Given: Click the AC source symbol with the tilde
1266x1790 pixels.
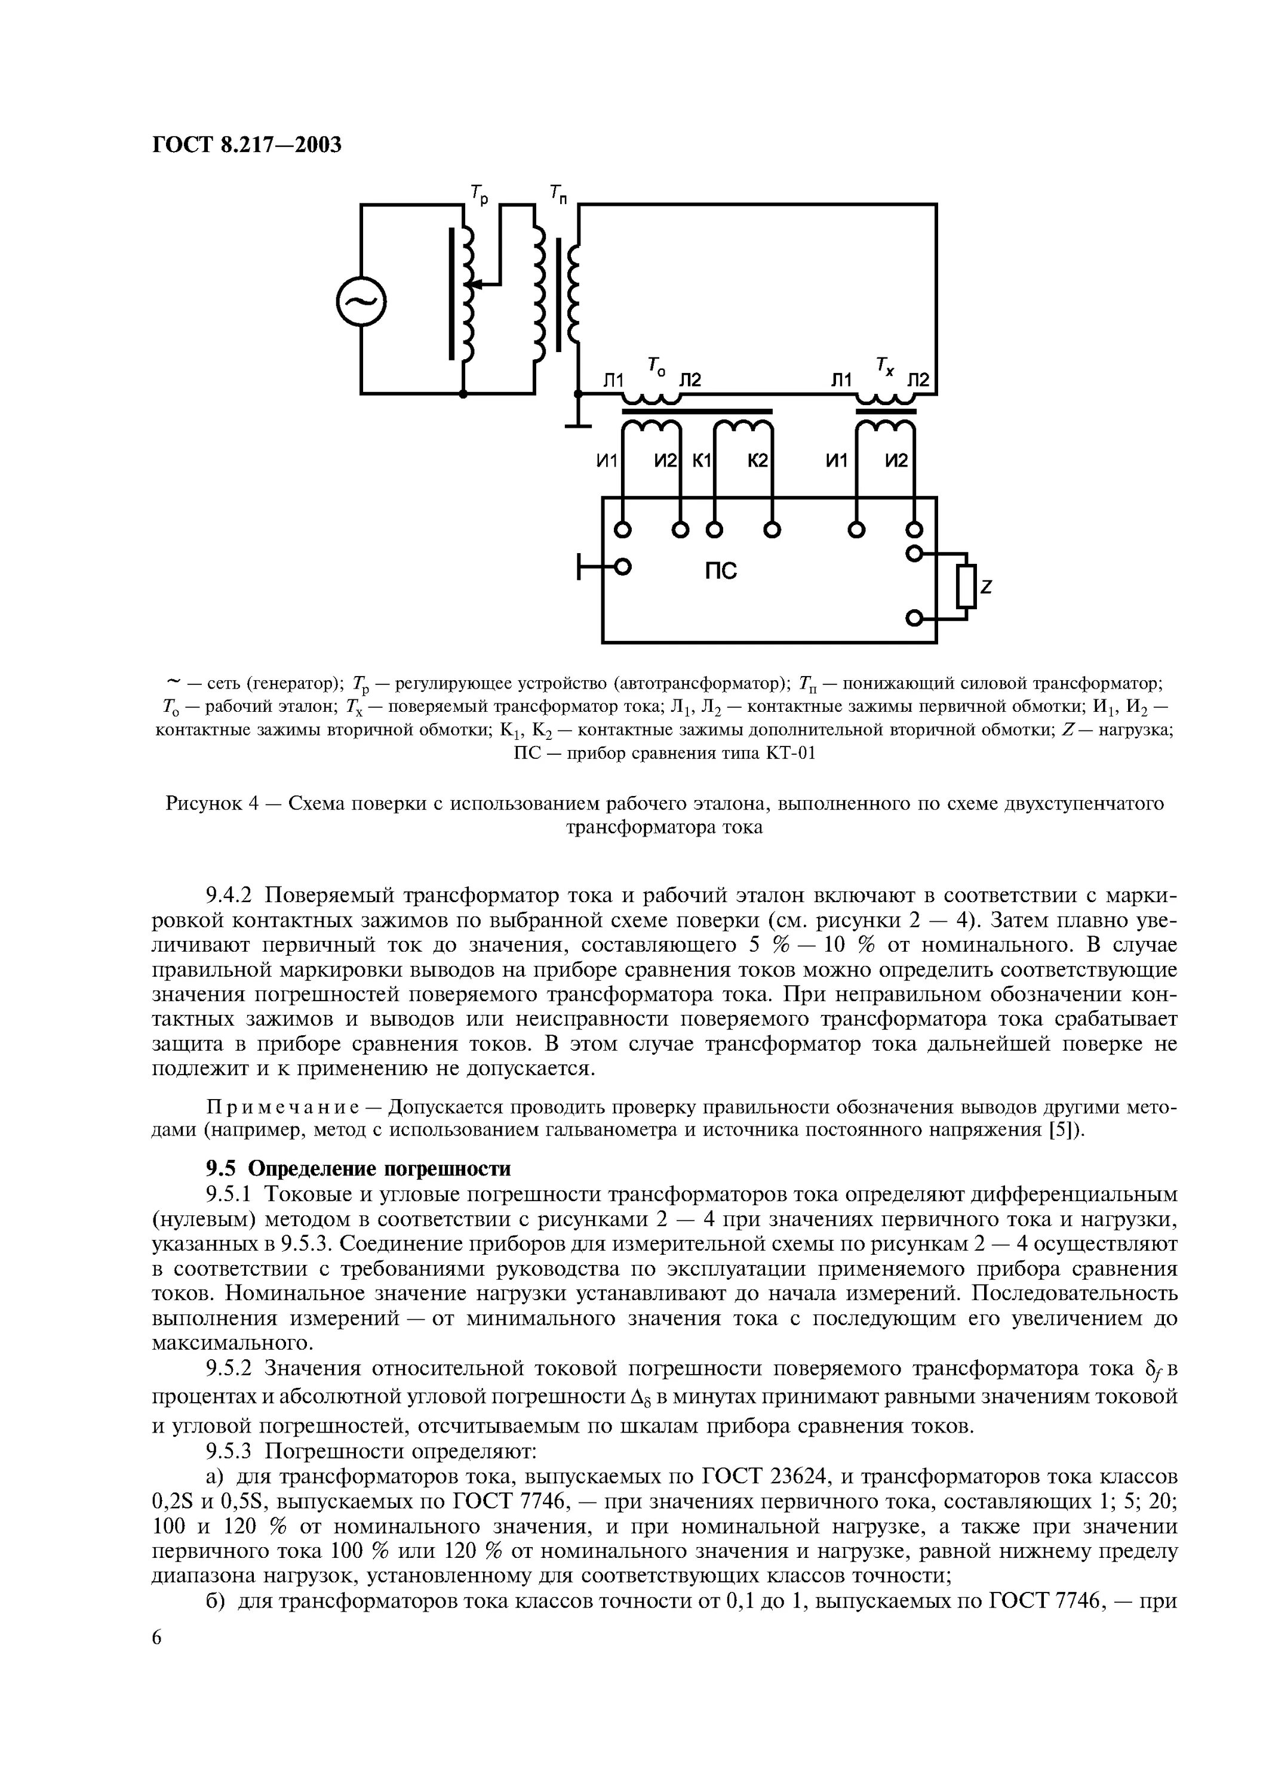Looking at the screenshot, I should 361,301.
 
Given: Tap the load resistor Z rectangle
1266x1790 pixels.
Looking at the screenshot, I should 966,587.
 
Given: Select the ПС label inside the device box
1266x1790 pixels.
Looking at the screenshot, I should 721,572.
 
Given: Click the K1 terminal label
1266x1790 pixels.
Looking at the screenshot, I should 702,462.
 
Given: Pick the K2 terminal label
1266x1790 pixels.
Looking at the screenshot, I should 757,462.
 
